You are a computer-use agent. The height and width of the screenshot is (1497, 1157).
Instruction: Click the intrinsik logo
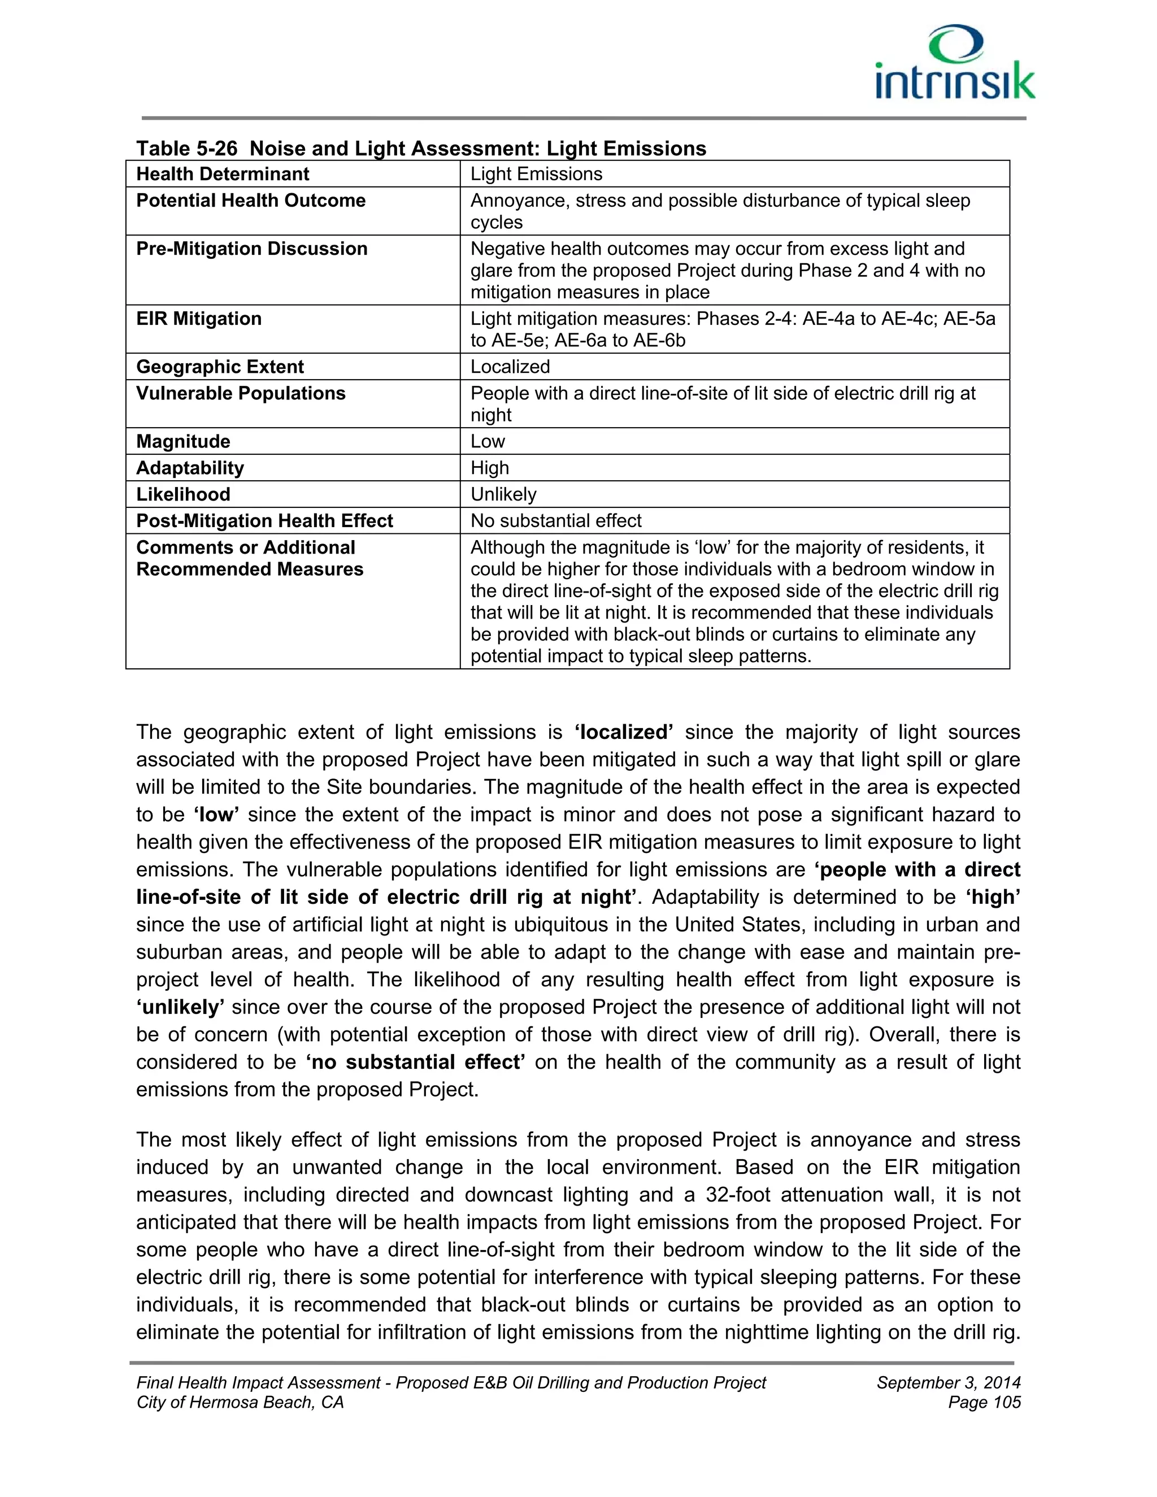[955, 64]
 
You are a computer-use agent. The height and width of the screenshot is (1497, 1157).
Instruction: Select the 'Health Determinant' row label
[223, 174]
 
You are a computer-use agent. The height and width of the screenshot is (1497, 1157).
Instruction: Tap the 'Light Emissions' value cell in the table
[536, 174]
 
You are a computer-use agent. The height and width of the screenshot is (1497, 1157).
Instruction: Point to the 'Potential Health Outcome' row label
[251, 201]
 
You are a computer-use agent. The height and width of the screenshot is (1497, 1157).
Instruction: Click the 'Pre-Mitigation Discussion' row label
[251, 249]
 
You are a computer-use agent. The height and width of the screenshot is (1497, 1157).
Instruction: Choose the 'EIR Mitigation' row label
[199, 319]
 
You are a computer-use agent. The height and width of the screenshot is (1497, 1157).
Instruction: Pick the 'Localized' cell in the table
[510, 367]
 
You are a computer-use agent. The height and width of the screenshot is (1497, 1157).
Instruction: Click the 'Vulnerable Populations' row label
[241, 393]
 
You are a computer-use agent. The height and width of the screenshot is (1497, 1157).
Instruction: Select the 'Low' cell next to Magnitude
[488, 441]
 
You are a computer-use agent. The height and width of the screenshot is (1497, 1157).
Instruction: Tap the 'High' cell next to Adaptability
[489, 468]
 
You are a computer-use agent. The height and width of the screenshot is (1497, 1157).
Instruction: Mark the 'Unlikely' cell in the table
[503, 494]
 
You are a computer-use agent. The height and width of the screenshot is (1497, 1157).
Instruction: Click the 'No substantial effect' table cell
[555, 521]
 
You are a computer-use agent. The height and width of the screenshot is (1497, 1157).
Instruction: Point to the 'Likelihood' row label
[183, 494]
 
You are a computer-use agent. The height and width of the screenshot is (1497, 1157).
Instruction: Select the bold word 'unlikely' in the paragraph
[180, 1007]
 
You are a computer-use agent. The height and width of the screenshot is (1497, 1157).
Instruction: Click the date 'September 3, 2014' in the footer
[948, 1382]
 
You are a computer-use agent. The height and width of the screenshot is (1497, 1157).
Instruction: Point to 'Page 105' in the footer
[984, 1403]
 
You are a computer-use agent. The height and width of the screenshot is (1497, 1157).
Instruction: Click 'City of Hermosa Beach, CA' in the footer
[240, 1403]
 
